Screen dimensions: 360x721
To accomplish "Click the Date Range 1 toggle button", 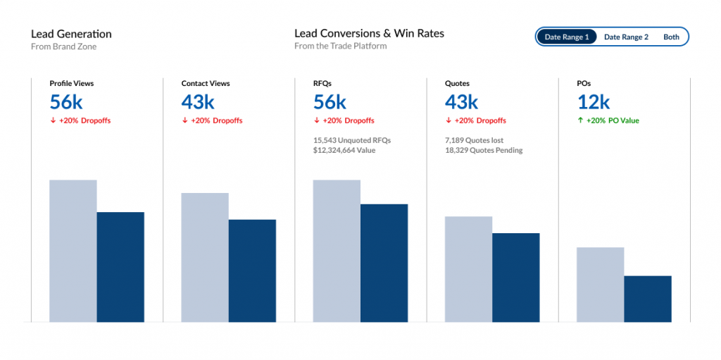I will click(566, 37).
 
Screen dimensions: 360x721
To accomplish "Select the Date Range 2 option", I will click(626, 37).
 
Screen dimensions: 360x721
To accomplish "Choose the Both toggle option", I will click(671, 37).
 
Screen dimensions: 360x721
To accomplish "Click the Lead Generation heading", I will click(71, 34).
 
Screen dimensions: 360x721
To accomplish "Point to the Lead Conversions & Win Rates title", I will click(369, 34).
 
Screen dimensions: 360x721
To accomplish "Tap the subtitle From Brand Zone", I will click(63, 46).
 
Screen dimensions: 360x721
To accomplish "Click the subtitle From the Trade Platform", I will click(341, 46).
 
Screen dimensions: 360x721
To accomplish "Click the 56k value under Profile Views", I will click(66, 102).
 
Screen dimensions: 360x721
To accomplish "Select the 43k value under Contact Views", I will click(198, 102).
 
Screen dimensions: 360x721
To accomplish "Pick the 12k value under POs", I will click(594, 102).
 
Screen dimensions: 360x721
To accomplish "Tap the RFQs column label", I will click(322, 83).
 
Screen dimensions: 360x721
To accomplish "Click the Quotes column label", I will click(457, 83).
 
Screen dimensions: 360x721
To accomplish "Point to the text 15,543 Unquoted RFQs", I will click(352, 140).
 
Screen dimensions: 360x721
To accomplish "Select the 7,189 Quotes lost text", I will click(474, 140).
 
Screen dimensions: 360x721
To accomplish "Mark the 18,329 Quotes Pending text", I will click(484, 150).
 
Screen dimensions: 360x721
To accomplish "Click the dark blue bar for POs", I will click(648, 299).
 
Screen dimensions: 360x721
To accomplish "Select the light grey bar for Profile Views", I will click(73, 251).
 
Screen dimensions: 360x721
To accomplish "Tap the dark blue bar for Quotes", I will click(516, 278).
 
